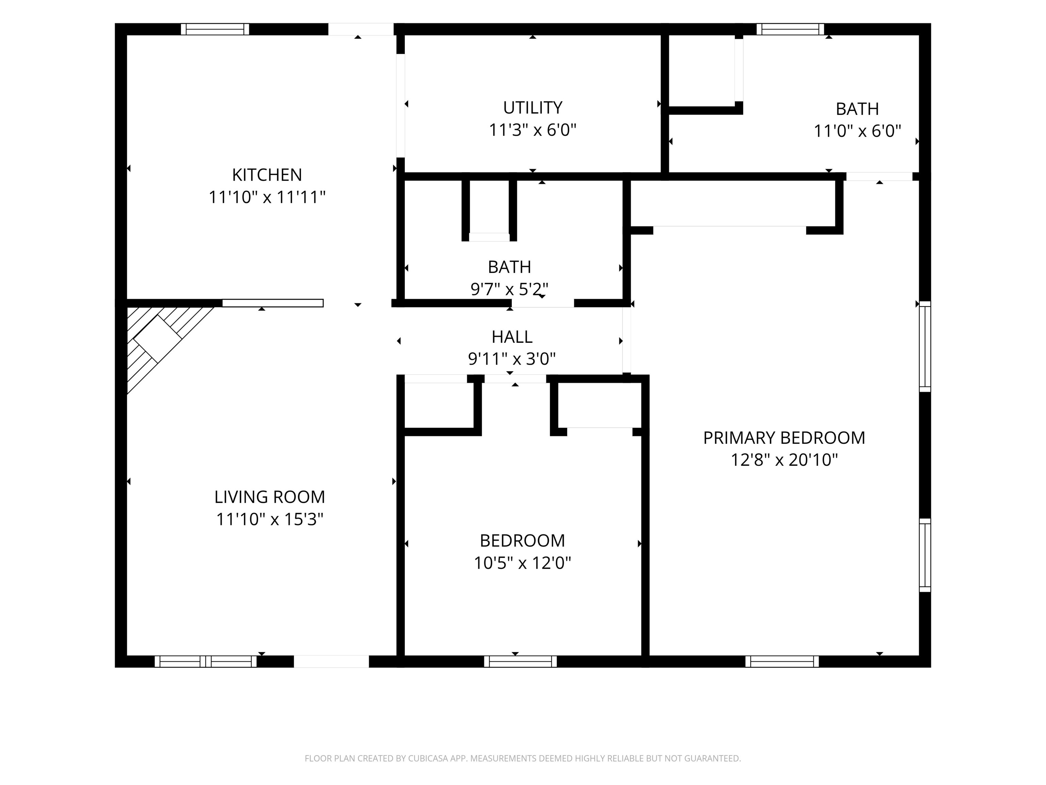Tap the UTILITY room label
[533, 108]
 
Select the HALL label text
[512, 337]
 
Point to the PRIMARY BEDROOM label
[784, 438]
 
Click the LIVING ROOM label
[270, 497]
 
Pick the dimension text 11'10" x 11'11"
[267, 197]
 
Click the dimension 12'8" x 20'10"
[784, 460]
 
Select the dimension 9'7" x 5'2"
[509, 289]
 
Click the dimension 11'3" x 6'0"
[533, 130]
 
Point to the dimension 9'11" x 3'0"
[512, 359]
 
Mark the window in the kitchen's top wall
[215, 29]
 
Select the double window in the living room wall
[206, 662]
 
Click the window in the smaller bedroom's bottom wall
[520, 662]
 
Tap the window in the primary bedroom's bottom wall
[782, 662]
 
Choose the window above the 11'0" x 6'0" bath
[790, 29]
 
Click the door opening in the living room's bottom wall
[332, 662]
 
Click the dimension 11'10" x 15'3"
[270, 520]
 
